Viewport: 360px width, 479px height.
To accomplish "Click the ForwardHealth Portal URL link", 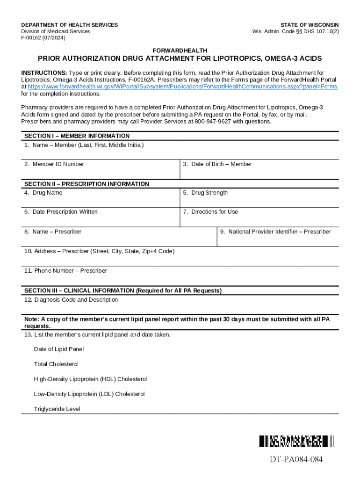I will tap(182, 87).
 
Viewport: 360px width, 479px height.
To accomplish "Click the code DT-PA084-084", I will tap(296, 459).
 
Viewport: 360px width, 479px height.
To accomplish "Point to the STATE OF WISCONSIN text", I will tap(310, 25).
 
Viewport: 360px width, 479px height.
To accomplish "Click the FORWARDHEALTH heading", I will tap(180, 51).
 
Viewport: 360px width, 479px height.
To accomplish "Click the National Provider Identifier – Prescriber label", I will tap(275, 232).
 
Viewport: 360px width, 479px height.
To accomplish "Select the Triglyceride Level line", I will tap(57, 409).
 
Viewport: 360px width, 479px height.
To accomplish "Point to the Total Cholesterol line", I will tap(56, 364).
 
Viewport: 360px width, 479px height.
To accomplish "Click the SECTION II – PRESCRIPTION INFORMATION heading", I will tap(86, 184).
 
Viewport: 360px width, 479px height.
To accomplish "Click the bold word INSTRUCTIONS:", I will tap(44, 73).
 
